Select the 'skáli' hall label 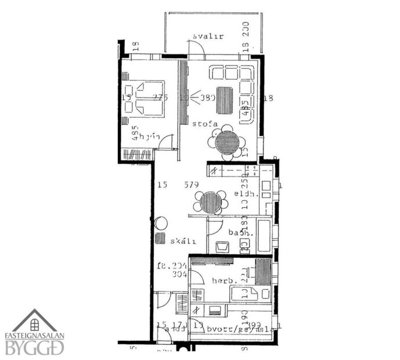click(182, 240)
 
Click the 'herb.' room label click(222, 280)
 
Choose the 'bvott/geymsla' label click(235, 329)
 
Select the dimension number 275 click(160, 98)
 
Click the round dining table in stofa click(226, 142)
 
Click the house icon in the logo click(35, 321)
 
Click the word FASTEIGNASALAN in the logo click(35, 335)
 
